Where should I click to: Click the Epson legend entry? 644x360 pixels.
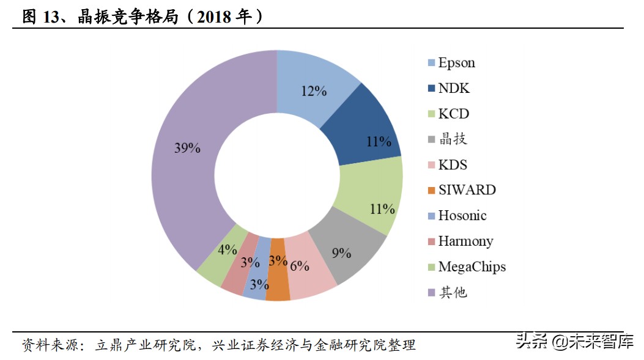click(456, 63)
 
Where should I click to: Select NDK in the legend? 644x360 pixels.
click(454, 89)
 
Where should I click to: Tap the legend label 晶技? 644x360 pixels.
click(453, 139)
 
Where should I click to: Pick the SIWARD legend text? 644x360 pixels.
click(467, 190)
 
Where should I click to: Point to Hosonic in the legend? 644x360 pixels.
click(462, 216)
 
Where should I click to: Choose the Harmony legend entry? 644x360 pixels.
click(465, 241)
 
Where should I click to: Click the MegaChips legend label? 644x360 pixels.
click(472, 267)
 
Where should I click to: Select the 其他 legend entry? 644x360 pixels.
click(453, 293)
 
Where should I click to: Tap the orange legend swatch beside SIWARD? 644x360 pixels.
click(431, 191)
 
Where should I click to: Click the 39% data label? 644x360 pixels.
click(187, 149)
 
